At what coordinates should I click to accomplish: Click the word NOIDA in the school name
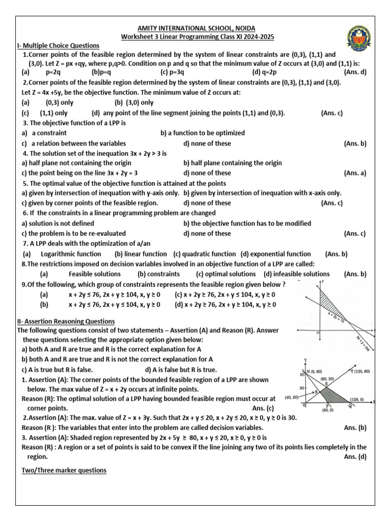click(243, 28)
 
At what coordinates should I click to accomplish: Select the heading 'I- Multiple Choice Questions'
click(58, 46)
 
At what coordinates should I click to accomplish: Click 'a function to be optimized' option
click(196, 133)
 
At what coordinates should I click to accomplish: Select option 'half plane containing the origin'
click(233, 163)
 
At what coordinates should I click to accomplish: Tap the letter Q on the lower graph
click(349, 407)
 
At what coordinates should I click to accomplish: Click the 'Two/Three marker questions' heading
click(64, 471)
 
